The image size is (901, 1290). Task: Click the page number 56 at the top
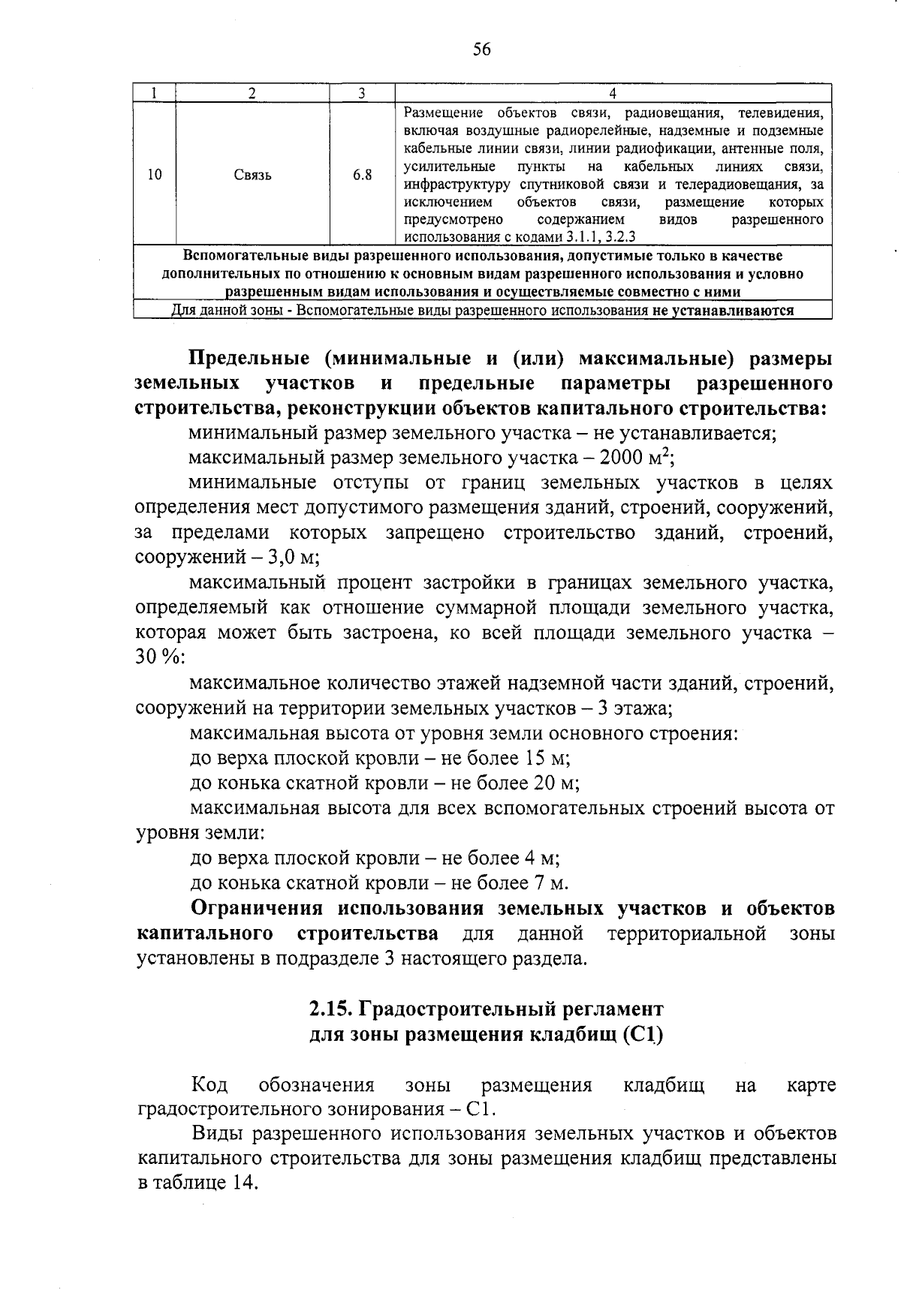(481, 50)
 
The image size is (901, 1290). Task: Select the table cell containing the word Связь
(252, 175)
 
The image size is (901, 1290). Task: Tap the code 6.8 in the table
(362, 175)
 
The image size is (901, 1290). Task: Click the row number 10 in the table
(155, 175)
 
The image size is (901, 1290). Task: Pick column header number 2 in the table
(252, 93)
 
